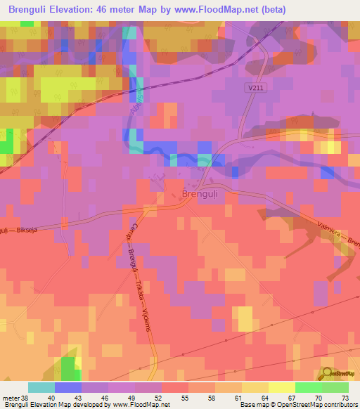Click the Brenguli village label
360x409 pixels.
tap(204, 193)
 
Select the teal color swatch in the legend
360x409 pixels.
tap(41, 387)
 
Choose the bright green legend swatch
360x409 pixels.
tap(309, 387)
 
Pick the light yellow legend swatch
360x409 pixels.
tap(282, 387)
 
